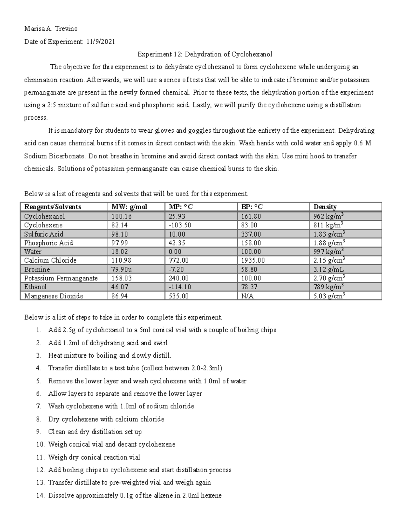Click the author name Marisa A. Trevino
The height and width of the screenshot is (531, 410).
(51, 29)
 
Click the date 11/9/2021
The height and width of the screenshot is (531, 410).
(101, 42)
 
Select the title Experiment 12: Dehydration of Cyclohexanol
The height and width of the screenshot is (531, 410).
(205, 54)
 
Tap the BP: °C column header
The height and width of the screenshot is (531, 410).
(252, 207)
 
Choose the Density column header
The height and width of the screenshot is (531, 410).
(325, 207)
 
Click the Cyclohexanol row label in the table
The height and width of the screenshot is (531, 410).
(44, 216)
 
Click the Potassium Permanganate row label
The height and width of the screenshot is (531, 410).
(61, 278)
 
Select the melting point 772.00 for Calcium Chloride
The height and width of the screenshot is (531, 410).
(179, 261)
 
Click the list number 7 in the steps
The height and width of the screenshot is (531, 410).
(39, 407)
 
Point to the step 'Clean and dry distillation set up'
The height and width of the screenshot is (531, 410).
(95, 432)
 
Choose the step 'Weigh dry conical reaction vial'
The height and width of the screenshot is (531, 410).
(94, 457)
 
